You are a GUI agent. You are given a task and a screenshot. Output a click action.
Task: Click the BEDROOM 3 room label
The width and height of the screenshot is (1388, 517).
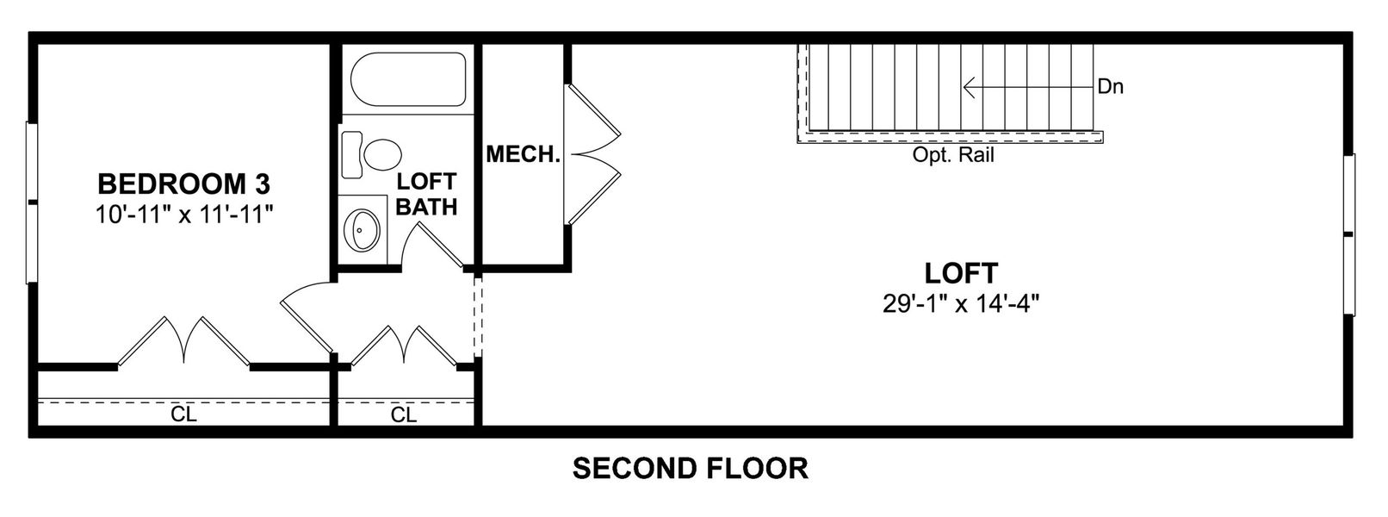point(183,184)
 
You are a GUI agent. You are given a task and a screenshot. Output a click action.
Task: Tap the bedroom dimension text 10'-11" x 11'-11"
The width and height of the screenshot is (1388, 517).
point(183,214)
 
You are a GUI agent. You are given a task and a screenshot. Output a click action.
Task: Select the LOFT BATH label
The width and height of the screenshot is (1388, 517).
point(426,195)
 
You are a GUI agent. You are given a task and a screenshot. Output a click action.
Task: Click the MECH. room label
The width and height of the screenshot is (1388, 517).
point(523,155)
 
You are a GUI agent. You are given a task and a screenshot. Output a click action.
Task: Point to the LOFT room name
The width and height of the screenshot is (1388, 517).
point(961,273)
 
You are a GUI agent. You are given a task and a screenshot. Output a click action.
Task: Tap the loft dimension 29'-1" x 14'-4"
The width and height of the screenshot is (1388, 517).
point(961,303)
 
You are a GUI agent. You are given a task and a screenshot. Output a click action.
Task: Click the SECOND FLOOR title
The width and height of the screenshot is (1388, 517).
point(691,469)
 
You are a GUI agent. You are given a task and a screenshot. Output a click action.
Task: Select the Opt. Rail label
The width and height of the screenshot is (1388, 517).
point(953,156)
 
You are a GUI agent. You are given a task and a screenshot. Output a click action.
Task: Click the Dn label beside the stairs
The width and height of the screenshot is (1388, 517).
point(1111,87)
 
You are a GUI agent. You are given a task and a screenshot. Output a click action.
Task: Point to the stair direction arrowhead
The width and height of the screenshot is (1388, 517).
point(969,87)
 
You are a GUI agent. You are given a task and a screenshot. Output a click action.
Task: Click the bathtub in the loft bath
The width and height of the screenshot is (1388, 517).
point(409,79)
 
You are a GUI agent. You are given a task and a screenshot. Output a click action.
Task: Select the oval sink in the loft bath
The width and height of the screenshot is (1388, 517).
point(360,228)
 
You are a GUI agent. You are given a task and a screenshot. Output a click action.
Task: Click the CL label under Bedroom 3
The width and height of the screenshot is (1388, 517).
point(183,414)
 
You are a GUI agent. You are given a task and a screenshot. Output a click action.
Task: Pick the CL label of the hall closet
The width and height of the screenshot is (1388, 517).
point(403,414)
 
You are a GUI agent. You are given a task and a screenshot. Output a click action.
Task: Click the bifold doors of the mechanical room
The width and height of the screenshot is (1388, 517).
point(594,154)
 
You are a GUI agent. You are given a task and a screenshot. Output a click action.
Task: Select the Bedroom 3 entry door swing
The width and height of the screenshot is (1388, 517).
point(306,315)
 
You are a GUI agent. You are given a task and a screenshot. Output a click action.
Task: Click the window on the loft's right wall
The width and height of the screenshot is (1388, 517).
point(1349,234)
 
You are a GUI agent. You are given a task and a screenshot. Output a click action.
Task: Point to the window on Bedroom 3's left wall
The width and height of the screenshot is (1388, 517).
point(32,202)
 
